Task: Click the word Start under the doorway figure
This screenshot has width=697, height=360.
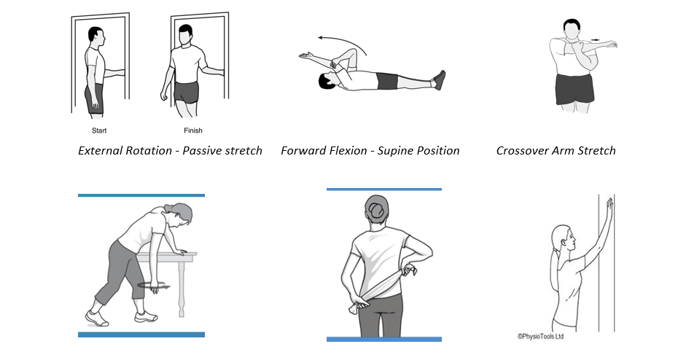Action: (x=99, y=130)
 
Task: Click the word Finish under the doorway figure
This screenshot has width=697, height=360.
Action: (x=193, y=130)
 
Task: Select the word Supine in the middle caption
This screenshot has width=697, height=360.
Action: (x=394, y=151)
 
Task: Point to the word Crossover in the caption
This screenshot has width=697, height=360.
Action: (x=522, y=151)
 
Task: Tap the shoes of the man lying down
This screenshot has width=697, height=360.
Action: (x=439, y=80)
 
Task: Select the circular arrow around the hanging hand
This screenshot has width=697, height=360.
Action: (x=154, y=286)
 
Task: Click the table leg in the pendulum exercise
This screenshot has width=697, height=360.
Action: (x=182, y=288)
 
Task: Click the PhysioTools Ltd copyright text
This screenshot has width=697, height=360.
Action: (x=540, y=337)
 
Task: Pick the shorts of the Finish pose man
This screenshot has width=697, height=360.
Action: (x=186, y=92)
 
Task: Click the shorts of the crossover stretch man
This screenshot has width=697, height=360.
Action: (x=575, y=88)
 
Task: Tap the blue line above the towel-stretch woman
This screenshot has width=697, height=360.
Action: (x=384, y=189)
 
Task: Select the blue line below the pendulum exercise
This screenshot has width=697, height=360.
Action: (x=141, y=334)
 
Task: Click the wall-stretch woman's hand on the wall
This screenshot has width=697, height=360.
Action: (x=609, y=206)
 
